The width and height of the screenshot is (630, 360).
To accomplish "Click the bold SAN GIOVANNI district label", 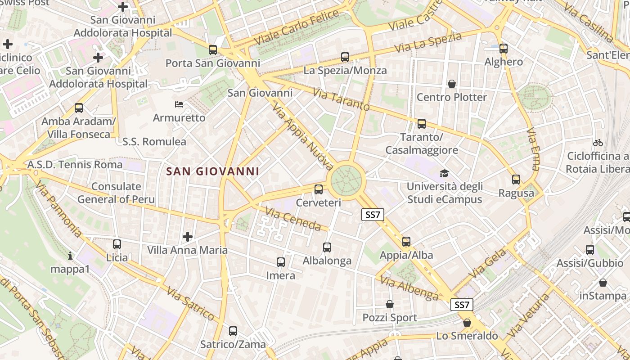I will (212, 171).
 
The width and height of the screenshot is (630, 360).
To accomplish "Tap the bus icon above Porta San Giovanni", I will (213, 50).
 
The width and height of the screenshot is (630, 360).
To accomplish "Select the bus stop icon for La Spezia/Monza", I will (345, 57).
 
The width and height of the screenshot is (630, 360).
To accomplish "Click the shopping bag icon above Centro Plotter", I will (451, 84).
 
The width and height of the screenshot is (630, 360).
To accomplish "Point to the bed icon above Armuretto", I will (179, 104).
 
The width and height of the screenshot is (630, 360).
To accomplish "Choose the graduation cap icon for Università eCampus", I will (444, 173).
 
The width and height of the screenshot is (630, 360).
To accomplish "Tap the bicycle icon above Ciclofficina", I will (598, 143).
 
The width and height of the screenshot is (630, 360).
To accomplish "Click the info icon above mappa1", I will (70, 256).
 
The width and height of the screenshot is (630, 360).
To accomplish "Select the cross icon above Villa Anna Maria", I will (188, 237).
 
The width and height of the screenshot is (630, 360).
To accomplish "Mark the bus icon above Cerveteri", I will (319, 189).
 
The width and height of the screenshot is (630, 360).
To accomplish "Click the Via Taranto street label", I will (341, 100).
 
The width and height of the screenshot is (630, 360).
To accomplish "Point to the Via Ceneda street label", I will (293, 219).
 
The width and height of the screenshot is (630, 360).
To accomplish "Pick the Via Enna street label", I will (533, 148).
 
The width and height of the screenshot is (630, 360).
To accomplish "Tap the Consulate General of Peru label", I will (116, 193).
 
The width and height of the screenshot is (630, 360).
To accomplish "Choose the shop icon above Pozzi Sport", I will (390, 305).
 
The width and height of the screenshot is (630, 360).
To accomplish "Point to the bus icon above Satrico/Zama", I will (233, 331).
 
